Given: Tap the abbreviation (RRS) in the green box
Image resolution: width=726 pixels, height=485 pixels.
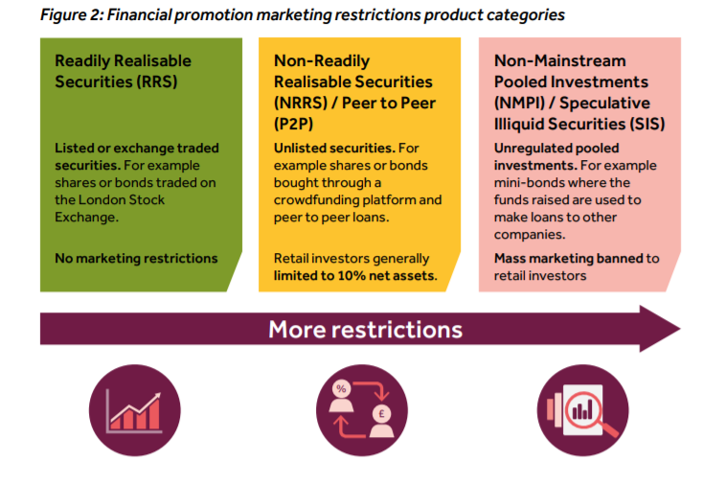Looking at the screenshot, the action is point(156,82).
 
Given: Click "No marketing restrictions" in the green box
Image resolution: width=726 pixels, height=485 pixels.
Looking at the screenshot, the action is point(136,258).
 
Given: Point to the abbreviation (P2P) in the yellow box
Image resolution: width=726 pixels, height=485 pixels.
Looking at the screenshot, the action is point(293,125).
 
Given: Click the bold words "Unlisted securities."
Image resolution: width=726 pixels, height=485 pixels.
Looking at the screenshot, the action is point(334,149).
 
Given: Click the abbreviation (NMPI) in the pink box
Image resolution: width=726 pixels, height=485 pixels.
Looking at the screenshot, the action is point(519,103).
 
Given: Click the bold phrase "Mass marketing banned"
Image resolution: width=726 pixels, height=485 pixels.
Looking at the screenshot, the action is point(569,258).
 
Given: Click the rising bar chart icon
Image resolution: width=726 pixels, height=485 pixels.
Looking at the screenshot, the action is point(134,411).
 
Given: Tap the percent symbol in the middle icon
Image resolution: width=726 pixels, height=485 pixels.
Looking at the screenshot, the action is point(341,388).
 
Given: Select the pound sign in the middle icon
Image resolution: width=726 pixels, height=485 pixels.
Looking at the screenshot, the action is point(381,413).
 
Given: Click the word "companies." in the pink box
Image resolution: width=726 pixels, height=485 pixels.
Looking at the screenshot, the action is point(530,235).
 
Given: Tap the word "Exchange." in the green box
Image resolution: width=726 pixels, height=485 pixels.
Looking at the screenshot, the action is point(86,218).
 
